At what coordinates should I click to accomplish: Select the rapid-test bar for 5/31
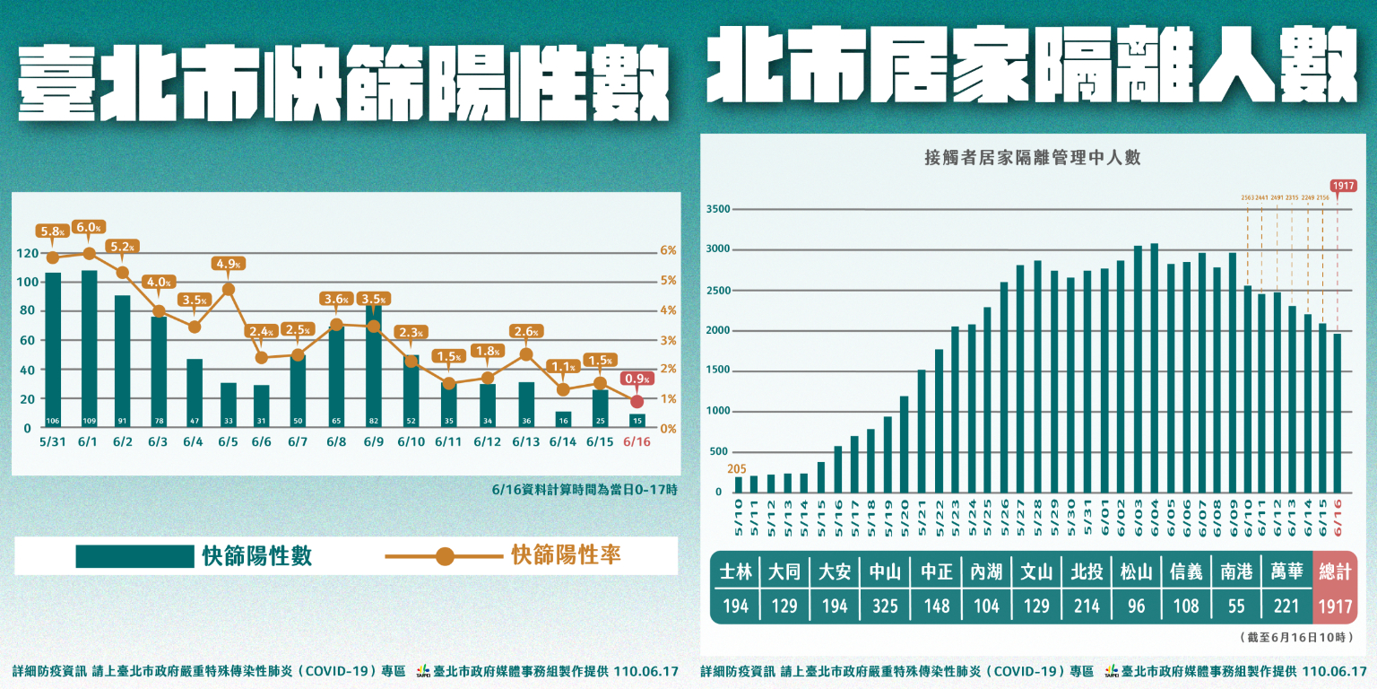53,350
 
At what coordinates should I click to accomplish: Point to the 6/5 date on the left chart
229,442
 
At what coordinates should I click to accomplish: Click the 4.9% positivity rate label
229,265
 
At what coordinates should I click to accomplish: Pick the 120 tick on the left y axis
27,253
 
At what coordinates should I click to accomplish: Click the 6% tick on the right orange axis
669,251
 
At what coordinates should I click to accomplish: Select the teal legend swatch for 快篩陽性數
134,556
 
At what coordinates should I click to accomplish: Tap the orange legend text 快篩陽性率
566,556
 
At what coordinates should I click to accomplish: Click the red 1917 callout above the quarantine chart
1342,187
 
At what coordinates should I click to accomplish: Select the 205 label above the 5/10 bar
737,468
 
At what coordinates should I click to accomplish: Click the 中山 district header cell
885,571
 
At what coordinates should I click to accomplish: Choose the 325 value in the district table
885,606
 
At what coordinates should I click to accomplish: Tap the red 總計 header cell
1335,571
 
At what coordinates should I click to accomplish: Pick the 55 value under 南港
1236,606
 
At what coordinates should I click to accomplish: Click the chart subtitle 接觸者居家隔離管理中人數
1032,159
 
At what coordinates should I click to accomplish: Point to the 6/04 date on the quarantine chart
1155,517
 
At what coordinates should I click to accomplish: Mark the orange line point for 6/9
373,327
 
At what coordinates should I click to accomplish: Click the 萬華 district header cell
1286,571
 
